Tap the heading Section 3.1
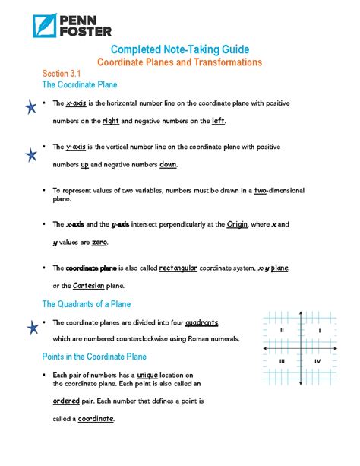coord(62,73)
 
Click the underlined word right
coord(111,121)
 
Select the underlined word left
coord(218,121)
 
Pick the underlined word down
coord(169,164)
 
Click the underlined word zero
coord(99,242)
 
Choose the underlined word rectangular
coord(178,268)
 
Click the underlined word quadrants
coord(202,322)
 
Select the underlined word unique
coord(148,375)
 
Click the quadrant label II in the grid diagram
coord(282,331)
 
